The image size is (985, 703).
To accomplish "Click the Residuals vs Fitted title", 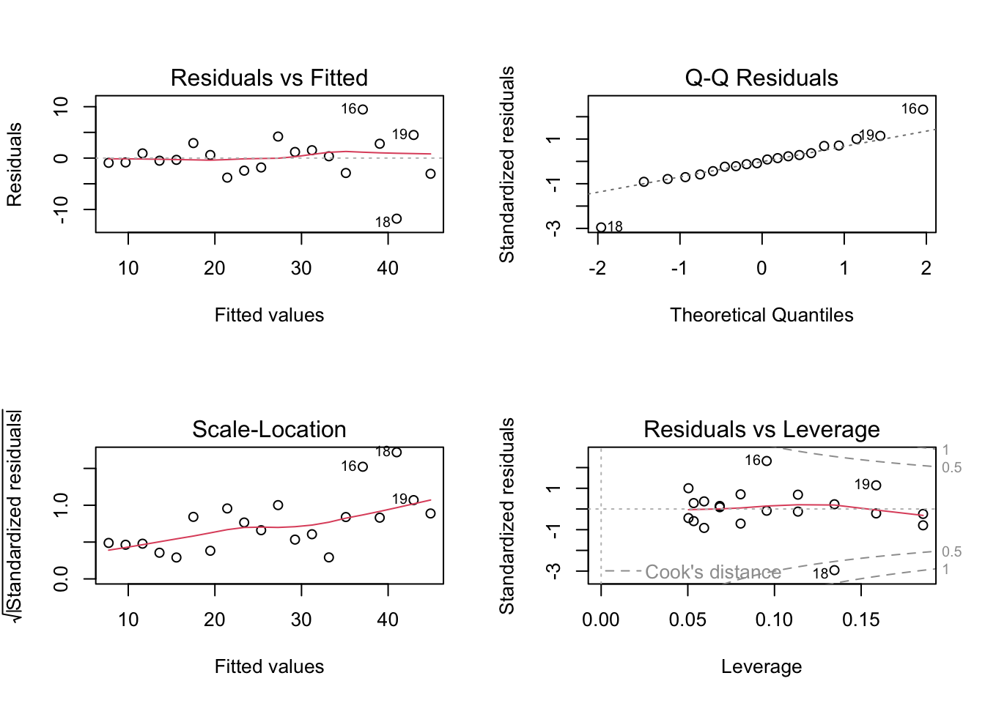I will point(269,78).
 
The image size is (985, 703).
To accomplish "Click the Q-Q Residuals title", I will point(761,78).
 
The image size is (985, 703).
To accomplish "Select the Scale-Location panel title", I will point(269,429).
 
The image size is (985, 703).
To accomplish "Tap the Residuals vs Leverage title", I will point(761,429).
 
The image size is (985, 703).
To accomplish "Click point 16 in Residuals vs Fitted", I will point(363,109).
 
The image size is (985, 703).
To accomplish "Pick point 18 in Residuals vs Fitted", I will point(396,219).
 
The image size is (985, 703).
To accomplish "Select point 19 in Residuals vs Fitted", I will point(414,135).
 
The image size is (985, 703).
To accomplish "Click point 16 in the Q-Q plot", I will point(923,109).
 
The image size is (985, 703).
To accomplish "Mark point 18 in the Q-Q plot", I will point(601,228).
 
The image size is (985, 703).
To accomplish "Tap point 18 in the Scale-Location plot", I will point(396,453).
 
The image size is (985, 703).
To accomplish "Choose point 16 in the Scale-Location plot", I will point(363,466).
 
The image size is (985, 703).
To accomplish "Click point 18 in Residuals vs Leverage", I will point(835,570).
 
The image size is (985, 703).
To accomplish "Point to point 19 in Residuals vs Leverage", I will point(877,485).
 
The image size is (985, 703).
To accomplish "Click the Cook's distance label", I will point(712,572).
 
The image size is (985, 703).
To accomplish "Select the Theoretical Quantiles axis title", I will point(761,315).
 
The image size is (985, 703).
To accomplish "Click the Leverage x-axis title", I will point(761,666).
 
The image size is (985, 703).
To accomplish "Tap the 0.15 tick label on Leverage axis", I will point(860,620).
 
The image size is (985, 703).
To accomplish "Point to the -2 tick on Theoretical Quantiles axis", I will point(597,268).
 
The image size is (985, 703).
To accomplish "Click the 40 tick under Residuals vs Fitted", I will point(388,268).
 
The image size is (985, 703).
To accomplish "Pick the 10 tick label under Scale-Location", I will point(128,620).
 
